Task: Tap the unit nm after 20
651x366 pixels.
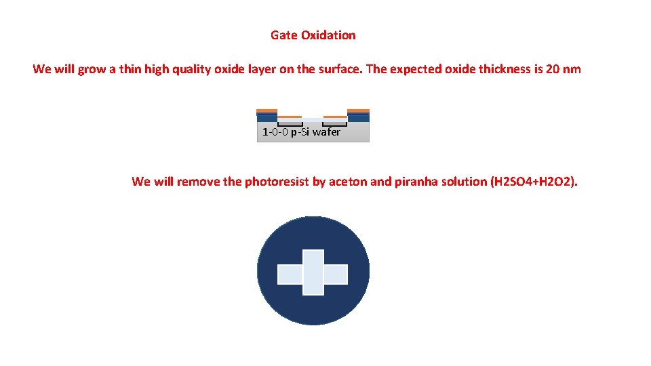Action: (x=572, y=69)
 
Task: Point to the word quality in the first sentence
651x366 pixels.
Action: (x=189, y=69)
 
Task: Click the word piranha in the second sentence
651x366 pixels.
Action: (x=415, y=182)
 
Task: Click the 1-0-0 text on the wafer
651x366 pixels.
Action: (x=275, y=132)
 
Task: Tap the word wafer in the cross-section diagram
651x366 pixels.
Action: (x=326, y=132)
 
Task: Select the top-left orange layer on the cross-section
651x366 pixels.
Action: (x=267, y=110)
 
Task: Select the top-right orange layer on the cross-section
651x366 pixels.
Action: (x=358, y=110)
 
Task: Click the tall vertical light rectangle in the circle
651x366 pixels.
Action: (x=313, y=272)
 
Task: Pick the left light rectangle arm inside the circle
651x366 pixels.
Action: (x=290, y=274)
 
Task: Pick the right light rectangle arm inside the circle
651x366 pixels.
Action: (x=336, y=274)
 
